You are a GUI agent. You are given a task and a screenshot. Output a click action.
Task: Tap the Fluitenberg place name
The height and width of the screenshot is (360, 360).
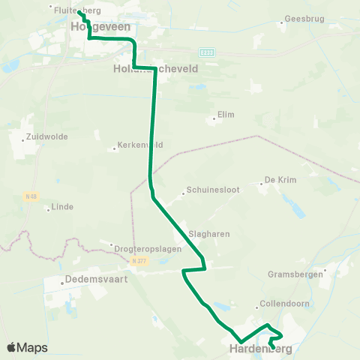pos(78,10)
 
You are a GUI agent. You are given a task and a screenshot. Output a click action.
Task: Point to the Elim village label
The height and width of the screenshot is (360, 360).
pos(226,115)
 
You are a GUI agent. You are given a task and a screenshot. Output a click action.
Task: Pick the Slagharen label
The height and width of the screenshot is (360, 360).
pos(209,234)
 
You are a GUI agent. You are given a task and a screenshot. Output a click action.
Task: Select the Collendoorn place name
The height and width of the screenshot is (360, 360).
pos(279,304)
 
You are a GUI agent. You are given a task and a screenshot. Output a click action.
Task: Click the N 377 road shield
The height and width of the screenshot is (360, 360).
pos(137,261)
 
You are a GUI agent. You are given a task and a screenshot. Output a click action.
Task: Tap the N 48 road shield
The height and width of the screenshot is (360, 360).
pos(30,196)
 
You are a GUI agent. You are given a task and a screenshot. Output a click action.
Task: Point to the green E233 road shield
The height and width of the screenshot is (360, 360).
pos(207,52)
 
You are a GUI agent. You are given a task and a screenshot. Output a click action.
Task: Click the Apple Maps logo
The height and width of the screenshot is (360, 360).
pos(27,347)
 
